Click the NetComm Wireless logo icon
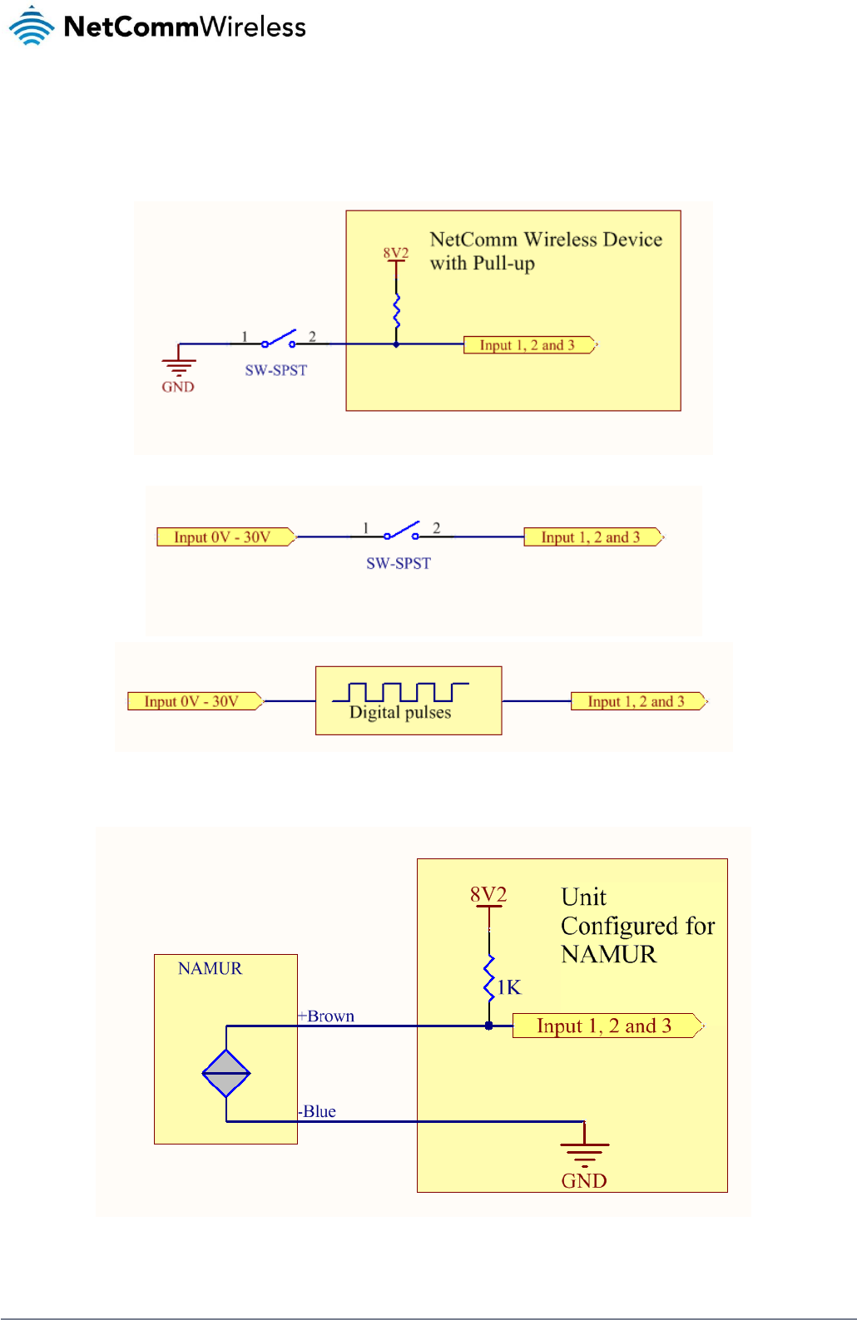(32, 26)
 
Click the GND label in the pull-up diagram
(178, 387)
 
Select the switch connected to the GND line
(278, 341)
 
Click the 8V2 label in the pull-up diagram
(396, 253)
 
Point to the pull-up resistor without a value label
(396, 309)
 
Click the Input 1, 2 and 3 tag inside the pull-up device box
(528, 345)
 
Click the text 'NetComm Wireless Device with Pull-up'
(545, 251)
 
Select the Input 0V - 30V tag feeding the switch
(224, 537)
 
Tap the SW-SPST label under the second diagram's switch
(399, 563)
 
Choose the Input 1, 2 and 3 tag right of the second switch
(592, 537)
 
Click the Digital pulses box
(409, 700)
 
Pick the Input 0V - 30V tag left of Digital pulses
(193, 701)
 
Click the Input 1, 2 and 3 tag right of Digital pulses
(637, 701)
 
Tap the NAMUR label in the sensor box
(210, 968)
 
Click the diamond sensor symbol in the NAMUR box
(226, 1073)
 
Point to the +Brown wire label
(327, 1016)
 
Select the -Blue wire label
(318, 1111)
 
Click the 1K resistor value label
(509, 987)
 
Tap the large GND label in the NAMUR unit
(584, 1180)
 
